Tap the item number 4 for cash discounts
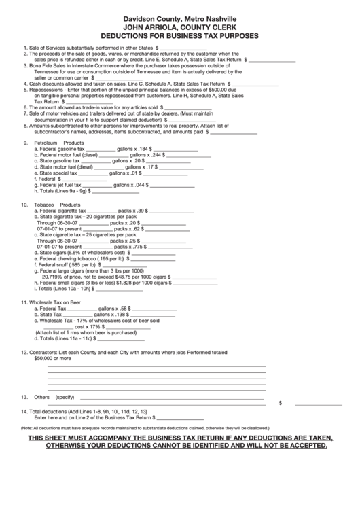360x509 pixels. click(x=24, y=82)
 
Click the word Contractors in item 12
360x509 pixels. click(x=43, y=352)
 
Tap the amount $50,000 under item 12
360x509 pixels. click(x=43, y=358)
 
